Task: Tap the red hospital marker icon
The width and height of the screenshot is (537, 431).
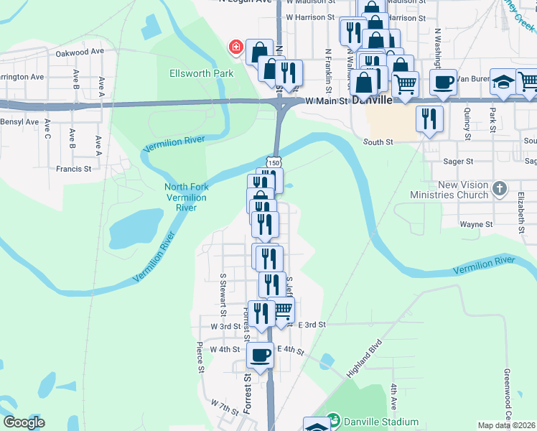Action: (x=235, y=48)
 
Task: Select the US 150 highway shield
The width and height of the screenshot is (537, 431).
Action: (x=274, y=163)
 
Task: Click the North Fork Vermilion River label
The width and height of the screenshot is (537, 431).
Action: (x=186, y=198)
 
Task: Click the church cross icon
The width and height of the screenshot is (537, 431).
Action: (x=500, y=190)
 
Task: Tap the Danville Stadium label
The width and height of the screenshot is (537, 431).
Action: (x=380, y=422)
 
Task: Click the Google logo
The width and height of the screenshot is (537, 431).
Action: (x=24, y=422)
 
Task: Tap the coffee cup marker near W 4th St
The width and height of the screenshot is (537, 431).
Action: (x=260, y=353)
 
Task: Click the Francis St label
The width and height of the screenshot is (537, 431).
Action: (x=74, y=170)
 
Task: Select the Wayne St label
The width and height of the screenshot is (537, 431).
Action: (x=476, y=224)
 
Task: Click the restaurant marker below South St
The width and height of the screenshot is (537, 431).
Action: (x=430, y=118)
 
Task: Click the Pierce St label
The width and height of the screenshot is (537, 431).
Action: (x=200, y=358)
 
